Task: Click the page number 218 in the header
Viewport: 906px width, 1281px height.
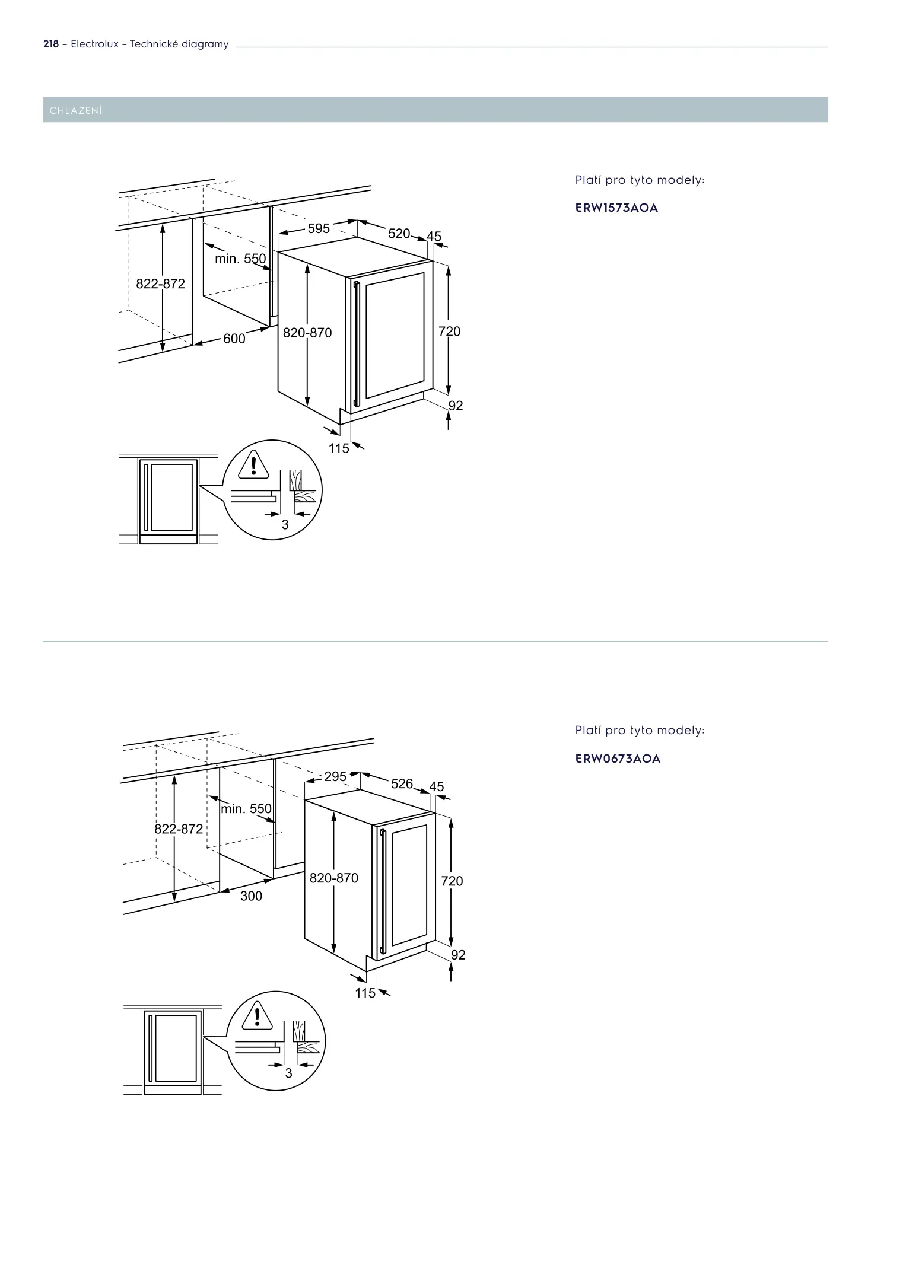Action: pos(51,44)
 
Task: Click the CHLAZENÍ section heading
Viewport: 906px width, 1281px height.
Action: pos(76,110)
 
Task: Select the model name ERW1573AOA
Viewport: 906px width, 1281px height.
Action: pos(616,208)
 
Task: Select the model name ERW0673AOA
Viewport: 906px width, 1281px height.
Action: pos(618,759)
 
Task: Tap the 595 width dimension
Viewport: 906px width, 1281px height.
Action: pos(319,228)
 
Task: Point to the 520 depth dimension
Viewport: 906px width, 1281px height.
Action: pos(399,234)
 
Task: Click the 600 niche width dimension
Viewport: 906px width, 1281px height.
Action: pos(234,339)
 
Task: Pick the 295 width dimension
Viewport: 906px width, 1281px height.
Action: pos(335,776)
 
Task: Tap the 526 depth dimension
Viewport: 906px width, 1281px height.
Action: pos(402,783)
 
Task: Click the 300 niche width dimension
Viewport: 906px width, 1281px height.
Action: pos(251,896)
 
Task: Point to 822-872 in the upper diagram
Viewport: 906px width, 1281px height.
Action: pos(160,284)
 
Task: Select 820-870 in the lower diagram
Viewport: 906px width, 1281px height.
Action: pos(334,878)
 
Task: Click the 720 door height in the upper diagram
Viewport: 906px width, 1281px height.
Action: pos(449,332)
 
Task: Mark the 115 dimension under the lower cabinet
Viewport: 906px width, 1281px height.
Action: pos(365,993)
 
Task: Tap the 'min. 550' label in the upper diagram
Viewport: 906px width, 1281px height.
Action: pos(240,259)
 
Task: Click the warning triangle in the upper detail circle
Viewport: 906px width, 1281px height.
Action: pos(254,465)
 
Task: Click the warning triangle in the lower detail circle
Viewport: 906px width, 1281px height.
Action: pos(257,1016)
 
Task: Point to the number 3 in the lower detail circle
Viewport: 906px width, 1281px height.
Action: pos(288,1073)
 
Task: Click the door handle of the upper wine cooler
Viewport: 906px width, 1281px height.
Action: pos(356,344)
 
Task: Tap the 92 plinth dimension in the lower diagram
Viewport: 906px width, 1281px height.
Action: pos(458,955)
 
